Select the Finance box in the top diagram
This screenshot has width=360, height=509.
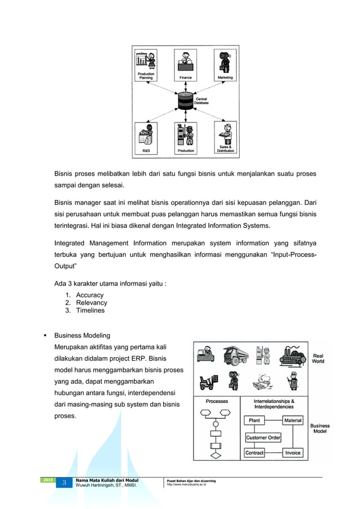(186, 65)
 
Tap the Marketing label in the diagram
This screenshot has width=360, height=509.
(225, 77)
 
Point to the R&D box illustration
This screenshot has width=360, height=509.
(146, 138)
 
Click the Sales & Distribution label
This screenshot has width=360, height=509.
(225, 149)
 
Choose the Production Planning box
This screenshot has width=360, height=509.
(146, 65)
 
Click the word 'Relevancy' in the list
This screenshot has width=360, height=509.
(91, 302)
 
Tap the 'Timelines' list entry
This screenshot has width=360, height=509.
(90, 310)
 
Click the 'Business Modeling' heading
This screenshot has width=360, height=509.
(82, 335)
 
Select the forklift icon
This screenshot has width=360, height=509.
(208, 382)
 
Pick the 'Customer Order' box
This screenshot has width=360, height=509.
(263, 437)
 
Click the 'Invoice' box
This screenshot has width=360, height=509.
(293, 453)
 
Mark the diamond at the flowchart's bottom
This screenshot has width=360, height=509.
(214, 454)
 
